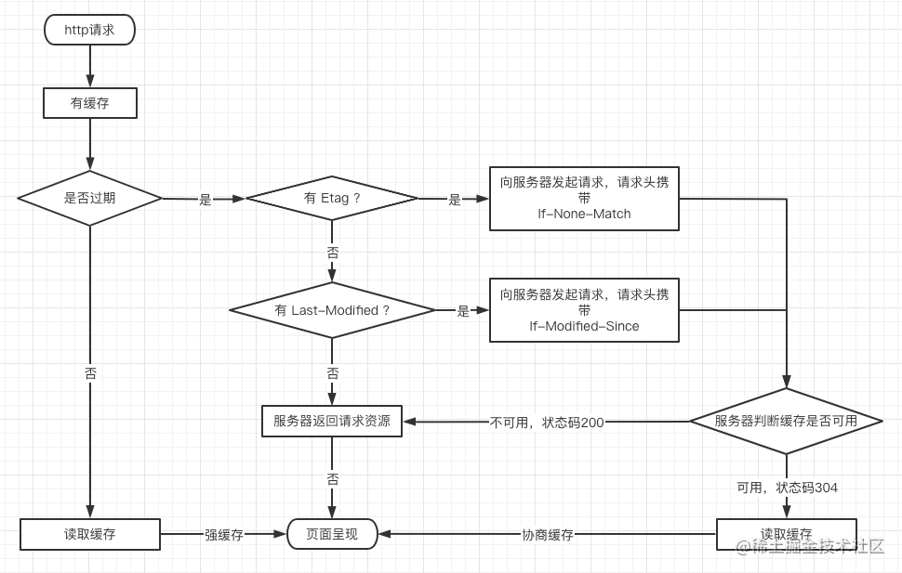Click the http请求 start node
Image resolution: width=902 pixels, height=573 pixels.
click(x=89, y=30)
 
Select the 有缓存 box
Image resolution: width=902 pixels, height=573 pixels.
click(x=90, y=103)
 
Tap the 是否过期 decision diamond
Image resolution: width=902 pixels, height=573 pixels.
click(x=90, y=198)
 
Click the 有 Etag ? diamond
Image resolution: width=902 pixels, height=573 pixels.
click(x=332, y=198)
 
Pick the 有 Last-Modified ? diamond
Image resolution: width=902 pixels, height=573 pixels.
click(x=332, y=310)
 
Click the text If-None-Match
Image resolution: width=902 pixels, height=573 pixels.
click(x=584, y=215)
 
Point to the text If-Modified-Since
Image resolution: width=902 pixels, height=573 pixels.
click(x=584, y=327)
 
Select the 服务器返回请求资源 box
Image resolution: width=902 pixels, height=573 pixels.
click(x=332, y=421)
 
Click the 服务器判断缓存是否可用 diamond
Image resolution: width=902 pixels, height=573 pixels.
click(x=786, y=421)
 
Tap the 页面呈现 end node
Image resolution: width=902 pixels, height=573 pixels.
click(x=332, y=534)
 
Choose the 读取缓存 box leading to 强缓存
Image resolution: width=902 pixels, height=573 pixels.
click(x=90, y=534)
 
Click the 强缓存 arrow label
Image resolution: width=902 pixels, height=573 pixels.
click(x=224, y=535)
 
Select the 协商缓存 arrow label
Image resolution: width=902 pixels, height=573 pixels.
click(x=548, y=535)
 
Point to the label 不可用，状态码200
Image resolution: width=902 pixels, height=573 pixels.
click(x=547, y=423)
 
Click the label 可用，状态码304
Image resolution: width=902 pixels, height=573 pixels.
click(x=787, y=488)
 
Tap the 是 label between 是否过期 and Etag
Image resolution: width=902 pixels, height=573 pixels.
click(x=206, y=200)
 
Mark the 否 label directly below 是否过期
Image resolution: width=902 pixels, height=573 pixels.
click(x=90, y=373)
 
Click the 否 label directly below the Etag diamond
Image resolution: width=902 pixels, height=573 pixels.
click(x=333, y=253)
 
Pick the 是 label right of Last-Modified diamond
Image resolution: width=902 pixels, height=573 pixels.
click(x=463, y=312)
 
